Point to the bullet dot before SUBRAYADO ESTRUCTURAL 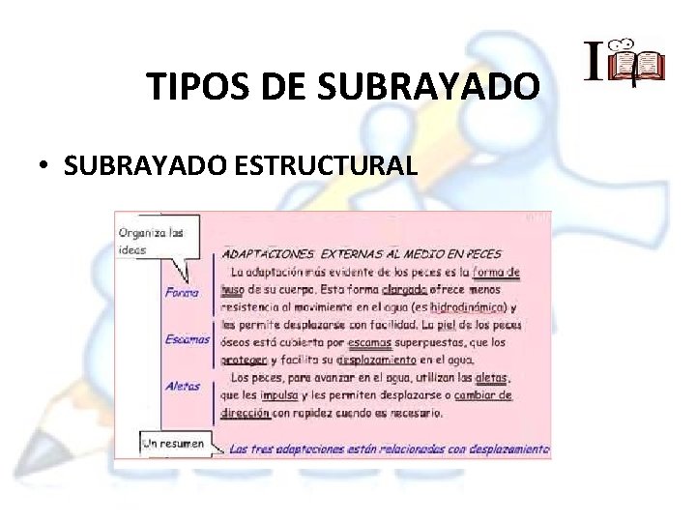tap(44, 166)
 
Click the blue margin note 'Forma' tap(182, 292)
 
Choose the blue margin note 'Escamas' tap(187, 339)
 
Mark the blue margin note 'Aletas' tap(183, 386)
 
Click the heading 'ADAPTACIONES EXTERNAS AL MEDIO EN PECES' tap(362, 254)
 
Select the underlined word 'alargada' tap(405, 289)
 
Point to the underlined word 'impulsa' tap(278, 394)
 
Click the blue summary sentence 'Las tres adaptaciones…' tap(388, 449)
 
